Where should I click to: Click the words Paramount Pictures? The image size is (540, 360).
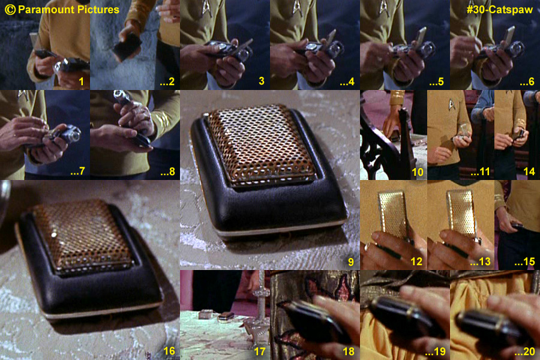pyautogui.click(x=68, y=10)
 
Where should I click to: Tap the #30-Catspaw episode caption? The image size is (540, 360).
pyautogui.click(x=500, y=10)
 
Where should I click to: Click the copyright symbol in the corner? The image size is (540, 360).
pyautogui.click(x=10, y=10)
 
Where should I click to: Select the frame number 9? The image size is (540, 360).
pyautogui.click(x=350, y=262)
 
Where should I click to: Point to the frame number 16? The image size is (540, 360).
pyautogui.click(x=169, y=351)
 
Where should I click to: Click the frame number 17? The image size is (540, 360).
pyautogui.click(x=259, y=352)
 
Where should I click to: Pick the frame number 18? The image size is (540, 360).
pyautogui.click(x=349, y=352)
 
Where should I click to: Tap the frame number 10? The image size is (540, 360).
pyautogui.click(x=418, y=172)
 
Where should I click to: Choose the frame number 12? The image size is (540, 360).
pyautogui.click(x=416, y=262)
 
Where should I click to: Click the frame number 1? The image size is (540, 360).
pyautogui.click(x=81, y=82)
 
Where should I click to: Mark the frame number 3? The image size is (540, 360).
pyautogui.click(x=262, y=82)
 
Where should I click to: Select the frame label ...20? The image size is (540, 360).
pyautogui.click(x=524, y=352)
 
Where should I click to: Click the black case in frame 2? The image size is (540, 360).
pyautogui.click(x=127, y=47)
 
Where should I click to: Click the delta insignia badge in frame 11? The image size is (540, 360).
pyautogui.click(x=451, y=104)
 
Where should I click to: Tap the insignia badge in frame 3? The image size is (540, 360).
pyautogui.click(x=208, y=7)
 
